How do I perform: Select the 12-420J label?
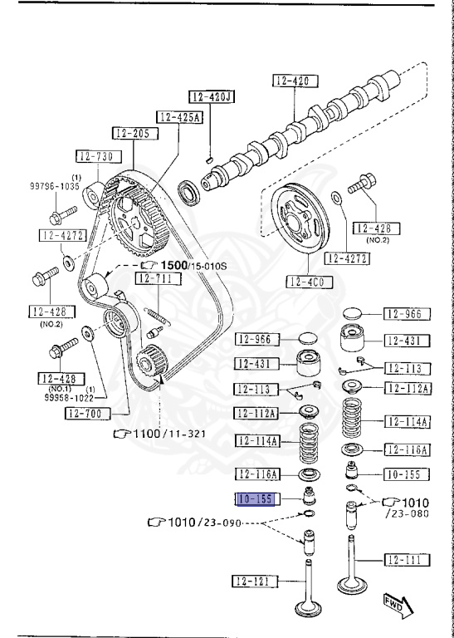click(211, 96)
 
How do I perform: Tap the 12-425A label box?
click(178, 117)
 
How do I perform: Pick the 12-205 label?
click(133, 133)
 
